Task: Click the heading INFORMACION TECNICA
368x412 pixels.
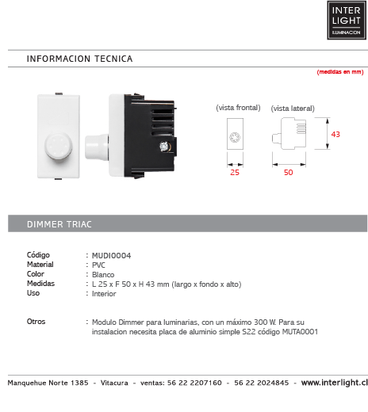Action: click(79, 59)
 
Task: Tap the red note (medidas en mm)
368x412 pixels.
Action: click(339, 72)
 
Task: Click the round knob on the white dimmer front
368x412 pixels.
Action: click(57, 144)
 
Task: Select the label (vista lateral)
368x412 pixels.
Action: click(293, 108)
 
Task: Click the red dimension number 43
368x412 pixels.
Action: click(335, 135)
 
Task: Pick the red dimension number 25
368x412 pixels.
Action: click(234, 171)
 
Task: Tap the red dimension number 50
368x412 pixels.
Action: click(288, 171)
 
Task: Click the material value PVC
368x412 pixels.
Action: click(99, 265)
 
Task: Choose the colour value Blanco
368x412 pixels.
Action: click(103, 274)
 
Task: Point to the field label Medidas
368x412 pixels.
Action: click(40, 284)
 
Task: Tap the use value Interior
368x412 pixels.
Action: click(104, 293)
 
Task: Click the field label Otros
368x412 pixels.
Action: click(36, 322)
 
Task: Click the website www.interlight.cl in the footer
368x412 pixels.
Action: click(334, 382)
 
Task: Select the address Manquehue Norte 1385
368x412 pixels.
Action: click(48, 382)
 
